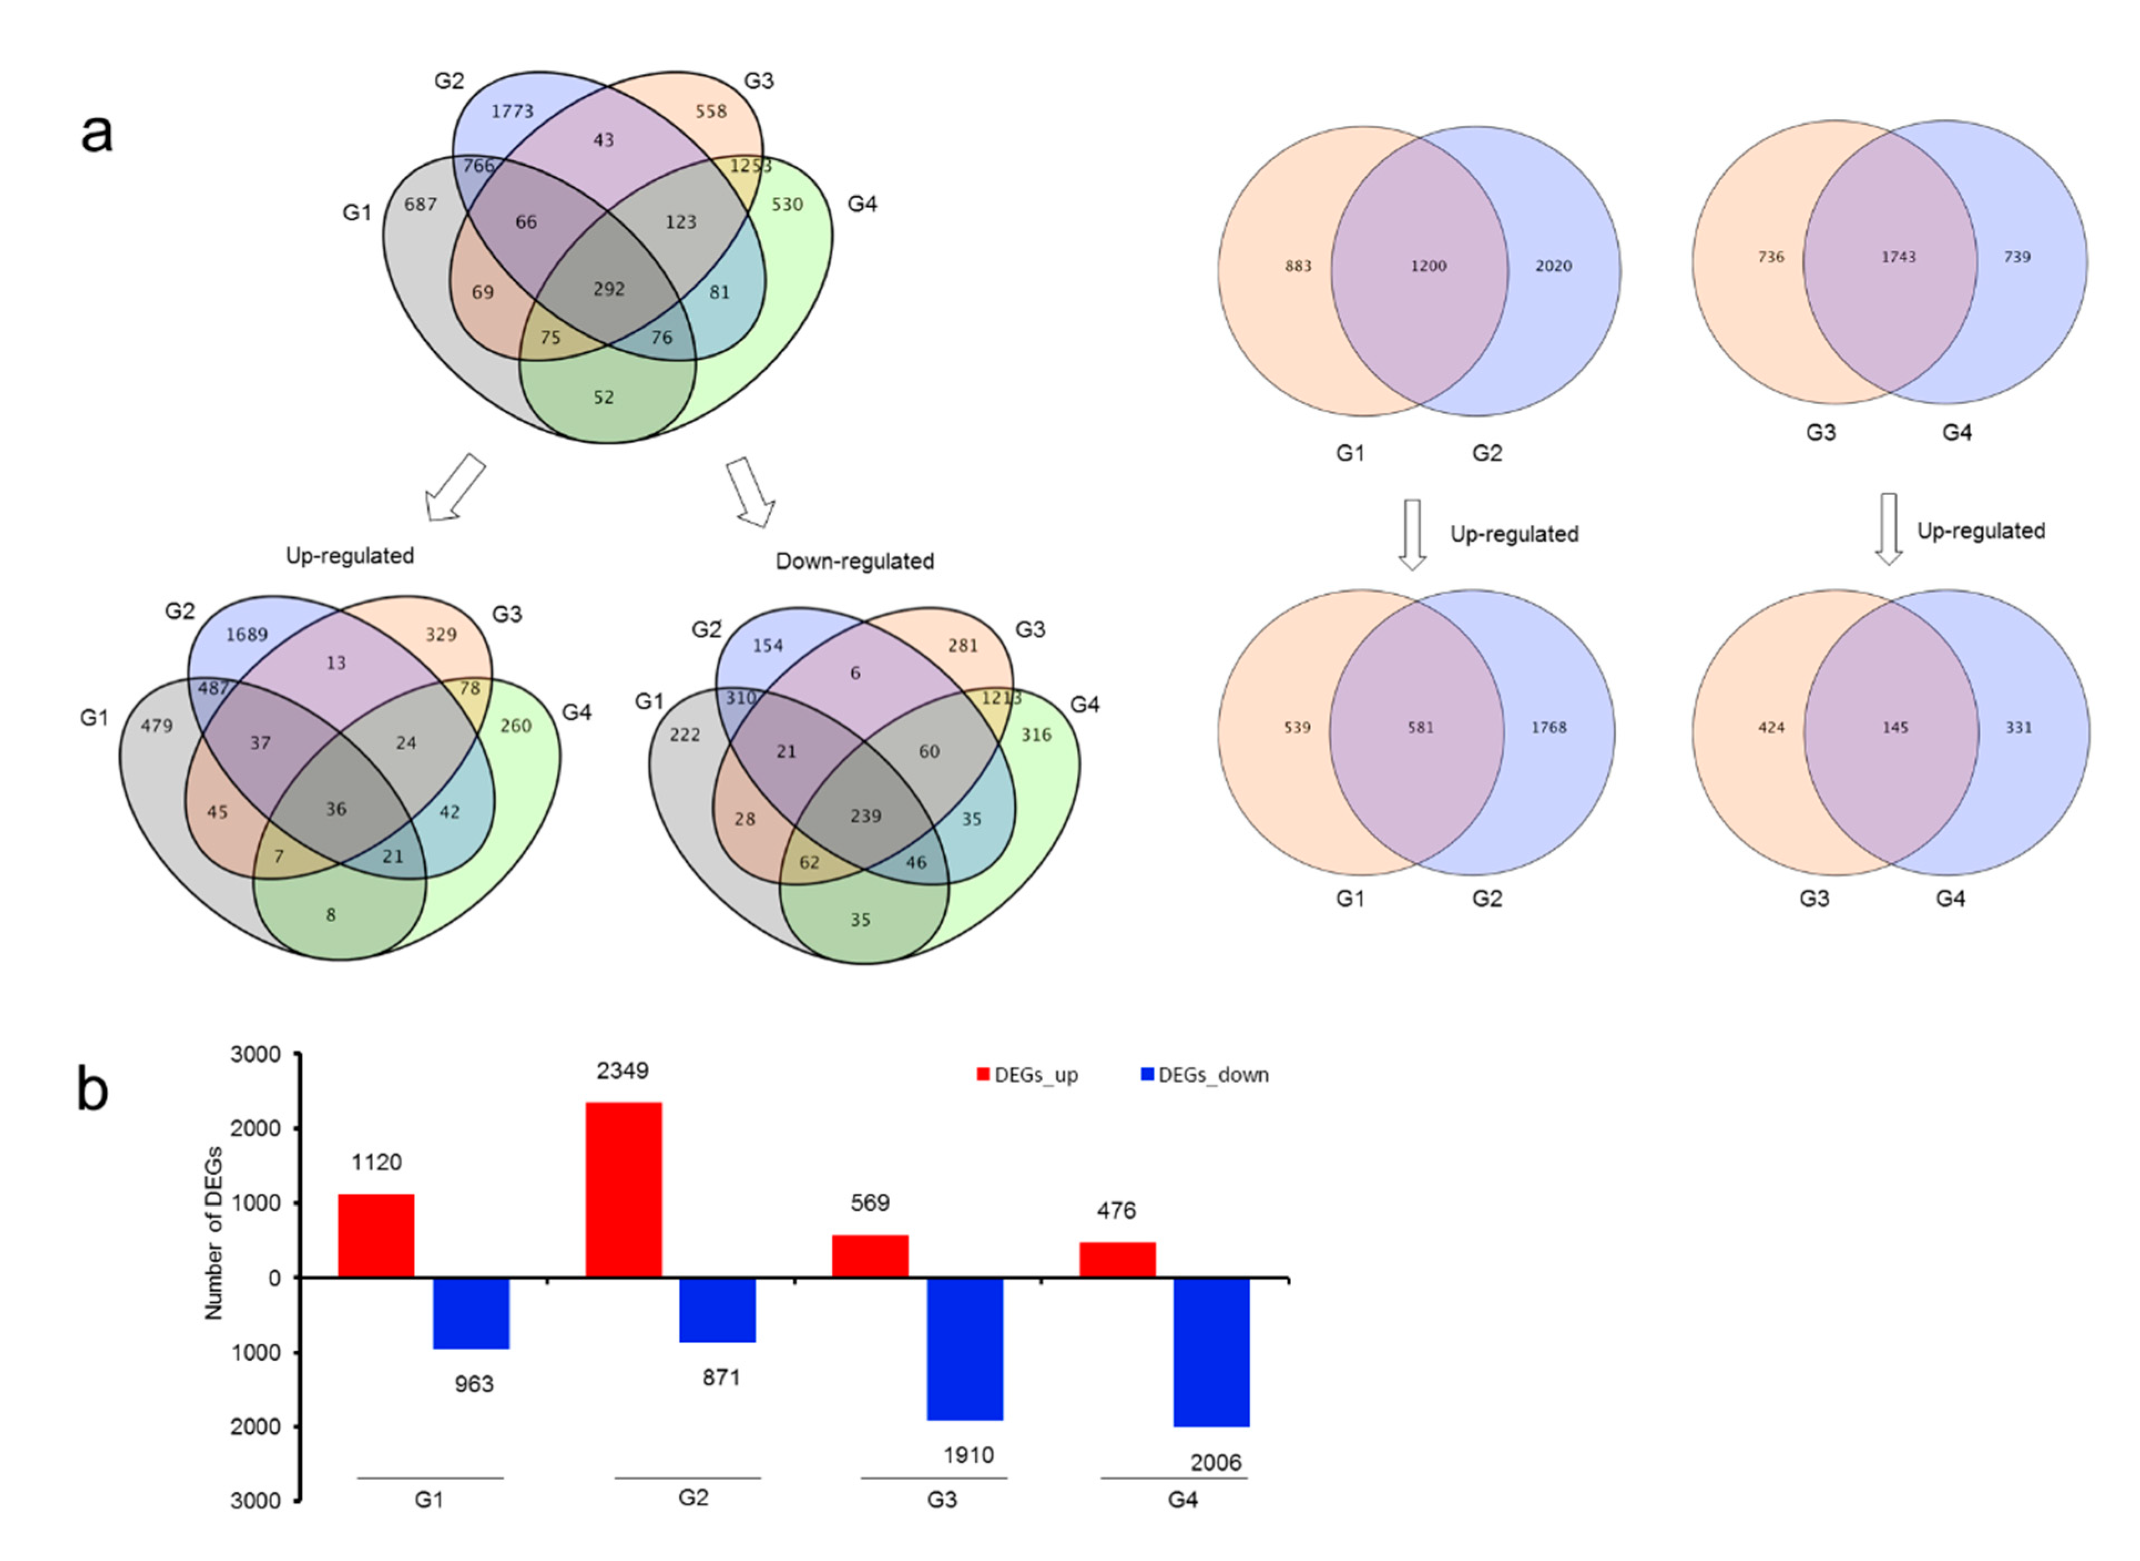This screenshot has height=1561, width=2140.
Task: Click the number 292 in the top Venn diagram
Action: [609, 289]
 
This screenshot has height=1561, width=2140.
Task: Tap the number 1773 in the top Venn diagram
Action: [512, 111]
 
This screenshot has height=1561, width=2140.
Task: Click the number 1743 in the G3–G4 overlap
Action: [1897, 257]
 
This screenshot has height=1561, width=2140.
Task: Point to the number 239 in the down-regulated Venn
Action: [865, 816]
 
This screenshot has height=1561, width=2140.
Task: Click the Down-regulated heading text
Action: [854, 561]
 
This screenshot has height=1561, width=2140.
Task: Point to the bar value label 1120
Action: [376, 1162]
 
